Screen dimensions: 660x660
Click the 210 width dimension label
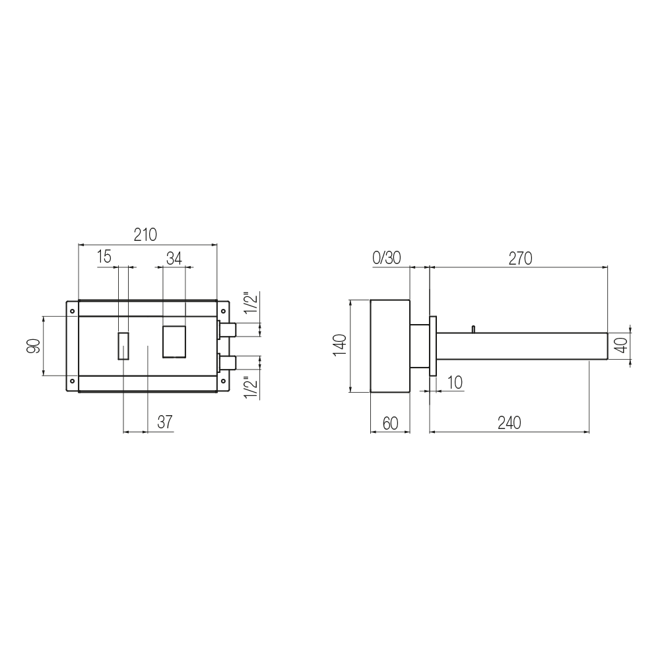[x=145, y=234]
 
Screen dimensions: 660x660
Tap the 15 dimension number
[x=104, y=256]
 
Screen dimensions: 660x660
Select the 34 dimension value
[x=174, y=259]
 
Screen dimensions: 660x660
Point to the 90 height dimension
[x=34, y=346]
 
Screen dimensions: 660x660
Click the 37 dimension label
[x=165, y=422]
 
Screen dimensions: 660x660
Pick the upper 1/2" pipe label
[x=251, y=303]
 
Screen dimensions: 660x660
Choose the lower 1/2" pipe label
[x=251, y=387]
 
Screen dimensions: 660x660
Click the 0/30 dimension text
[x=386, y=257]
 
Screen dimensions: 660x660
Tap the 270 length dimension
[x=520, y=258]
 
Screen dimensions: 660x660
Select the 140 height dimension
[x=340, y=345]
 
